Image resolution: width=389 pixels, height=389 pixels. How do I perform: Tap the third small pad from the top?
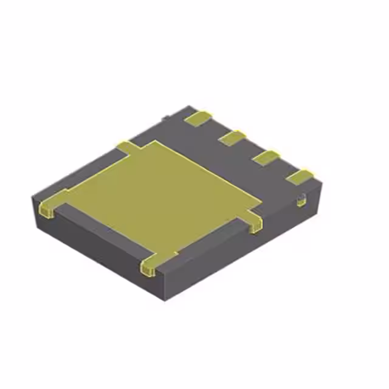pos(266,157)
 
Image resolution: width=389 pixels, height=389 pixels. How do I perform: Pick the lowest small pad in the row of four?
pos(300,177)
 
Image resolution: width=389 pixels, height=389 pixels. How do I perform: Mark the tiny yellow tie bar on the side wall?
pos(301,200)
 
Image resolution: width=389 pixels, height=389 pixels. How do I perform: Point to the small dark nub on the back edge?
pos(165,116)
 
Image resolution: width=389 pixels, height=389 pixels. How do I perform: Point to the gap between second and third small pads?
pos(249,148)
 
